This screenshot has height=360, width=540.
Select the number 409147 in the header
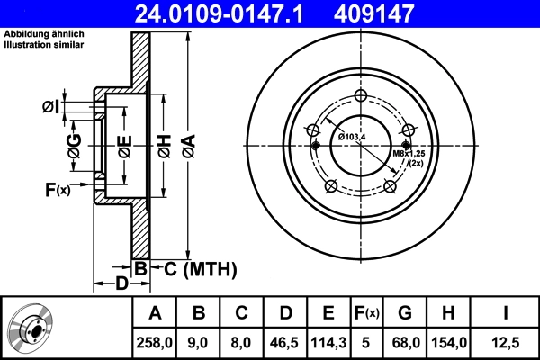tap(400, 13)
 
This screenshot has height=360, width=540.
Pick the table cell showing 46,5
tap(285, 342)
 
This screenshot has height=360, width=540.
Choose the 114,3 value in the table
tap(328, 342)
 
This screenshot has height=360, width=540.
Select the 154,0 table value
tap(447, 342)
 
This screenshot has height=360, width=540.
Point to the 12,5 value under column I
tap(505, 342)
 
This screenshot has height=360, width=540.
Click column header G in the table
tap(405, 313)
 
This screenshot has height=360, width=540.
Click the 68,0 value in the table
tap(405, 342)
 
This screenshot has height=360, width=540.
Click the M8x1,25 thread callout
tap(408, 154)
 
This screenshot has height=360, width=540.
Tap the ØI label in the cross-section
tap(50, 108)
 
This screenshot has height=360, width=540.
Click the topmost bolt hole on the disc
tap(360, 97)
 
